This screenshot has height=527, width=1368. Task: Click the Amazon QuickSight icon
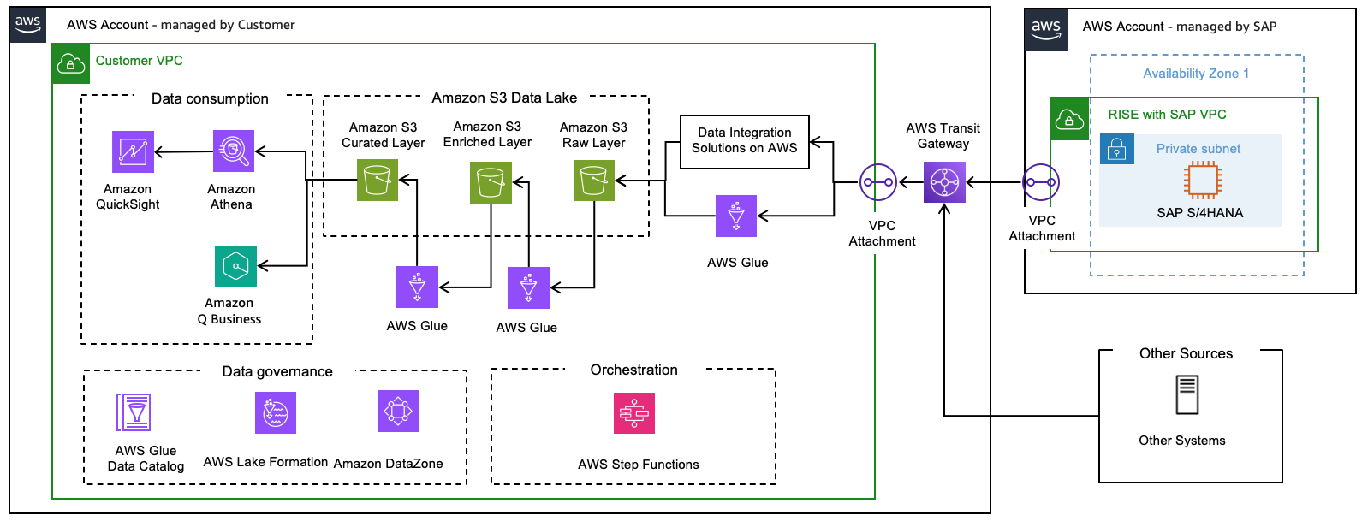(x=133, y=151)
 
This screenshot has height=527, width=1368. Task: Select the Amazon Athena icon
(x=234, y=151)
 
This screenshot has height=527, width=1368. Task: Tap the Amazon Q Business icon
(x=235, y=266)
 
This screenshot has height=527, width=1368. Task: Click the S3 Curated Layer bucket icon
(x=377, y=181)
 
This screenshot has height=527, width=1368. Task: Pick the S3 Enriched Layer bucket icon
(x=491, y=182)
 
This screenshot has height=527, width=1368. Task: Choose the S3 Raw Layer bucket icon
(x=593, y=181)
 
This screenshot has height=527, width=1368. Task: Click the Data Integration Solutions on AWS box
(x=744, y=142)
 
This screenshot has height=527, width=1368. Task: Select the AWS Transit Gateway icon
(x=944, y=181)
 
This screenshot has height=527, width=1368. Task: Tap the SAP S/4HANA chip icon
(x=1203, y=181)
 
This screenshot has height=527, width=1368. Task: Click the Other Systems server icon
(x=1187, y=394)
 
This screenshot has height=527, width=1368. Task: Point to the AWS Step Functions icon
(x=634, y=413)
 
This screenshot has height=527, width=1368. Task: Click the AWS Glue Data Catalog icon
(x=134, y=412)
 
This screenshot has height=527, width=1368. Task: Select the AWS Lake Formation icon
(x=276, y=412)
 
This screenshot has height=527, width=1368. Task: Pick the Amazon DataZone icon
(x=398, y=411)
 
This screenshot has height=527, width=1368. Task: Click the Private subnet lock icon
(x=1116, y=150)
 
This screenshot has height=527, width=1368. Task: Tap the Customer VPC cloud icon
(x=70, y=64)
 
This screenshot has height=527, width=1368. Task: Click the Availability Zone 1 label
(x=1196, y=74)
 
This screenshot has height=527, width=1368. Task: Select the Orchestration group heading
(x=633, y=370)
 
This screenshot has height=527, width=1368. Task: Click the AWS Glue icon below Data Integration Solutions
(x=736, y=216)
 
